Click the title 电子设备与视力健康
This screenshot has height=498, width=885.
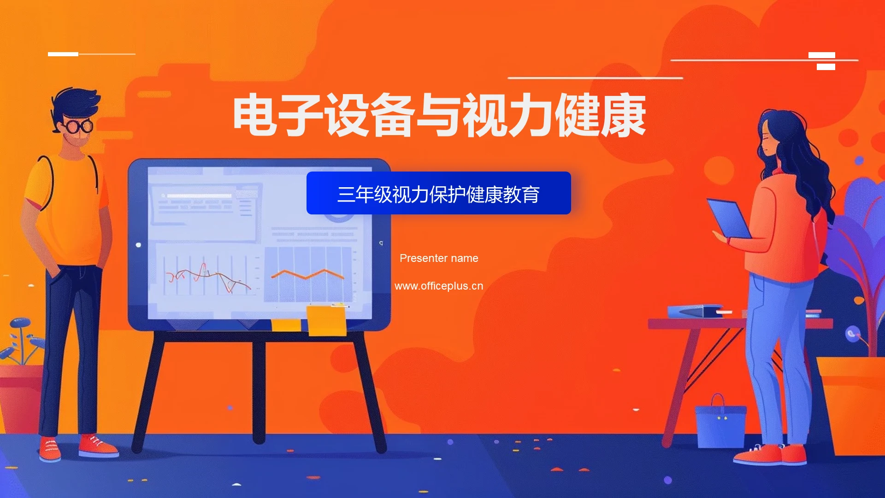pos(439,115)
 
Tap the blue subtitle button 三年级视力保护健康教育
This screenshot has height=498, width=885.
pos(438,193)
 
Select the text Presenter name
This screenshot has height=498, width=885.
pos(439,258)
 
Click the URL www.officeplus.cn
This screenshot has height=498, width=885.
pos(439,286)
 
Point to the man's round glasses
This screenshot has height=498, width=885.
pos(77,125)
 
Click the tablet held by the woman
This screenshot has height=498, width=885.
pos(729,218)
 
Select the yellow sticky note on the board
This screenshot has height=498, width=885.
pos(326,320)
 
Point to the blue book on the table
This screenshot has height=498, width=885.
pos(694,312)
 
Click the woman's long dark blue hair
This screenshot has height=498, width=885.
pos(802,157)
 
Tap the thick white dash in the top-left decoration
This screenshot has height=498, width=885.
pos(63,54)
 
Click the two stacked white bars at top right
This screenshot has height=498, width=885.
pos(822,61)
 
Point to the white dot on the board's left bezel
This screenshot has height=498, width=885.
pos(138,244)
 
